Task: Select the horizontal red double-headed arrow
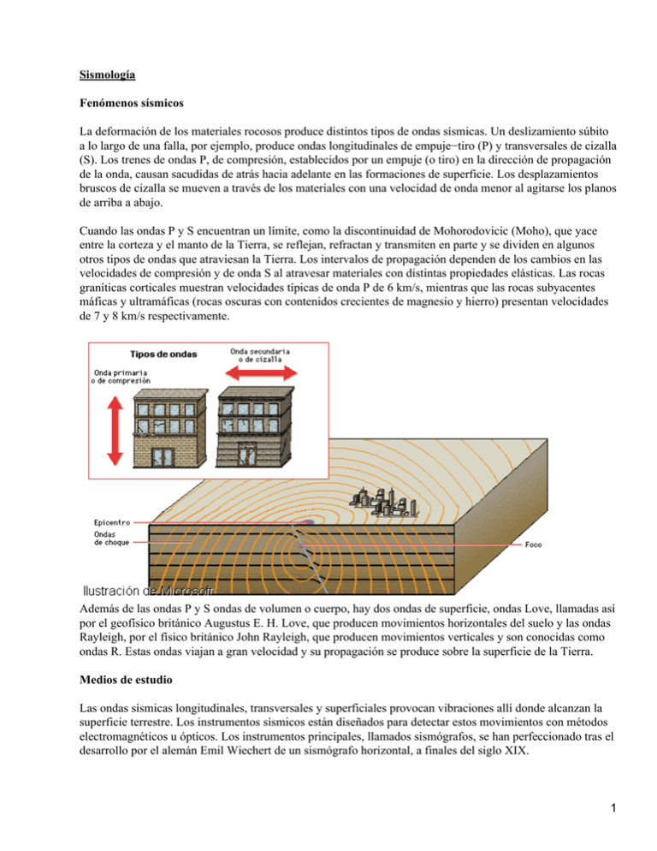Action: point(263,372)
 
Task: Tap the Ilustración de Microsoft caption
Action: point(147,590)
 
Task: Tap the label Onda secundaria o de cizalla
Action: point(261,354)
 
